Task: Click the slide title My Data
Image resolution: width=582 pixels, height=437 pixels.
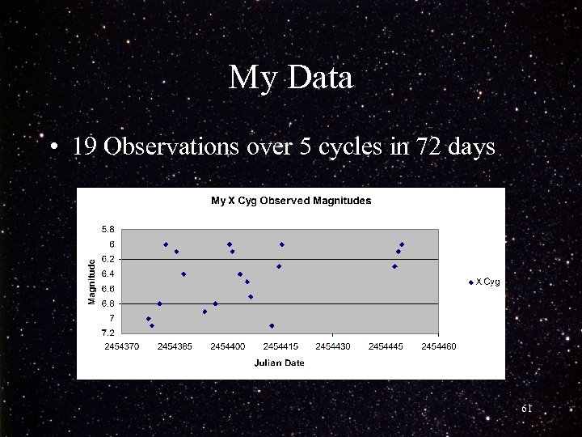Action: pyautogui.click(x=290, y=78)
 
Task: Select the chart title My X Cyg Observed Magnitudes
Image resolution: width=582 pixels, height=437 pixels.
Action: pyautogui.click(x=291, y=201)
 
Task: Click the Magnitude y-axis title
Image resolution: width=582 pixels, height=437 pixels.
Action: pyautogui.click(x=91, y=281)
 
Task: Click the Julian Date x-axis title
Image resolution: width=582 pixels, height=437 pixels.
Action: pyautogui.click(x=279, y=363)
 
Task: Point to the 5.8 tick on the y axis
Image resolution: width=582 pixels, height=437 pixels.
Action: pyautogui.click(x=108, y=229)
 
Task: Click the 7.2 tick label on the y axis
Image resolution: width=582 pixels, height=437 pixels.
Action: pyautogui.click(x=108, y=333)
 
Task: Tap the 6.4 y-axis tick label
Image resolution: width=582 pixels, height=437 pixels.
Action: pyautogui.click(x=108, y=274)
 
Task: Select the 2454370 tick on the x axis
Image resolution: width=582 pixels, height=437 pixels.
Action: pyautogui.click(x=121, y=346)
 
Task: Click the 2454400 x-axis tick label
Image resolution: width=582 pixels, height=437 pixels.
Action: pyautogui.click(x=227, y=346)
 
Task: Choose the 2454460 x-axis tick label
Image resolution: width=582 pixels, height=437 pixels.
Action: pyautogui.click(x=439, y=346)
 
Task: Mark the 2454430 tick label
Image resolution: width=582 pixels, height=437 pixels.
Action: pyautogui.click(x=333, y=346)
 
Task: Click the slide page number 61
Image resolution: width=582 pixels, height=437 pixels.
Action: pyautogui.click(x=526, y=409)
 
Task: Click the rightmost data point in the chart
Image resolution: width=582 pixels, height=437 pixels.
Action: pyautogui.click(x=402, y=244)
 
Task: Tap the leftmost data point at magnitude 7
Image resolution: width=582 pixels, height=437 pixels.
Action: pyautogui.click(x=148, y=319)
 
